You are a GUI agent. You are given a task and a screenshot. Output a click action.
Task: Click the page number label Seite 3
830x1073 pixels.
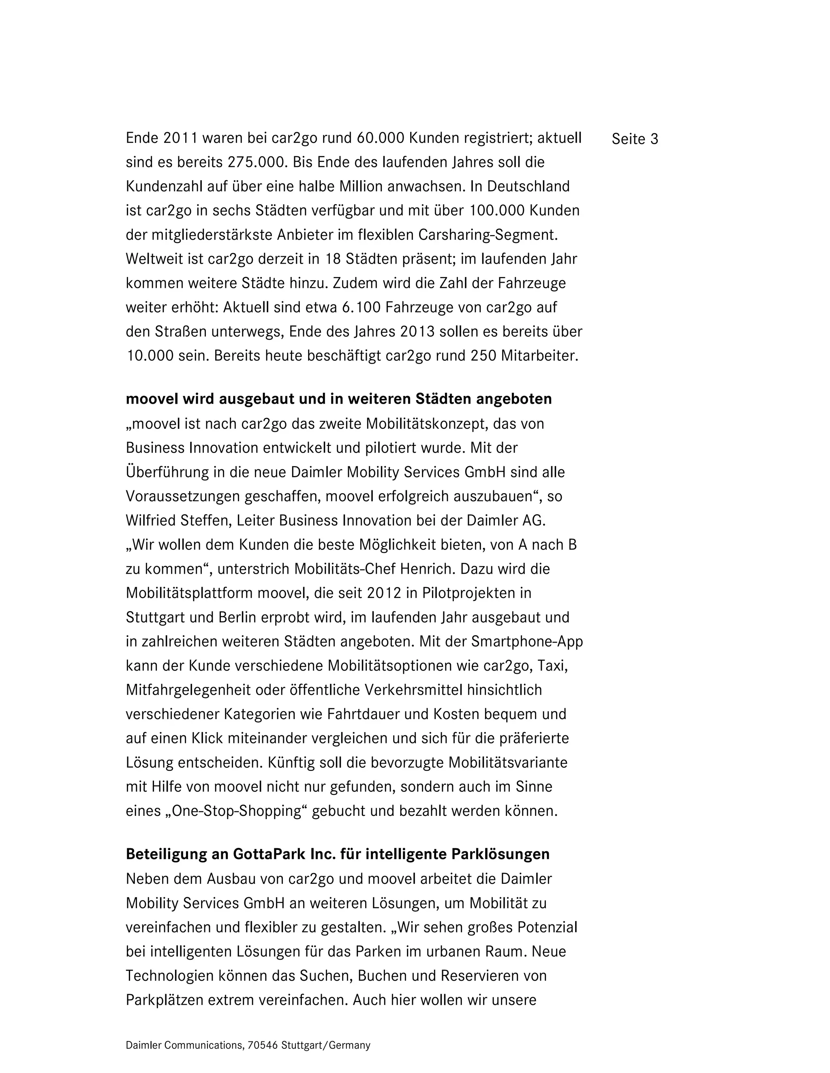click(634, 140)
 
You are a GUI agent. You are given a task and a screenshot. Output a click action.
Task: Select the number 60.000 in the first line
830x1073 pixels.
click(380, 138)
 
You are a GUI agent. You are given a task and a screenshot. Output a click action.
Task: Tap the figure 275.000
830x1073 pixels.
click(254, 163)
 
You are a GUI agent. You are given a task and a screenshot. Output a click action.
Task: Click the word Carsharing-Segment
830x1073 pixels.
click(488, 235)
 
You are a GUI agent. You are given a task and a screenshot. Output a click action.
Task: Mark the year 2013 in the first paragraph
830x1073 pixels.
click(417, 332)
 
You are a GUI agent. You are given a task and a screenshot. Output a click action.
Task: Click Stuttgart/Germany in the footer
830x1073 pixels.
click(325, 1045)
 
